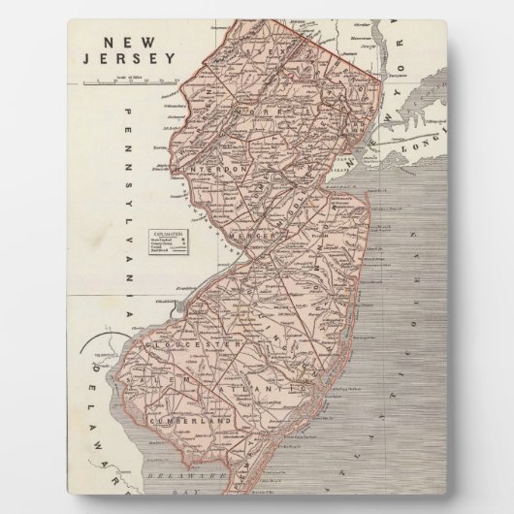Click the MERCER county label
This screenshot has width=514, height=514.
(253, 236)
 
